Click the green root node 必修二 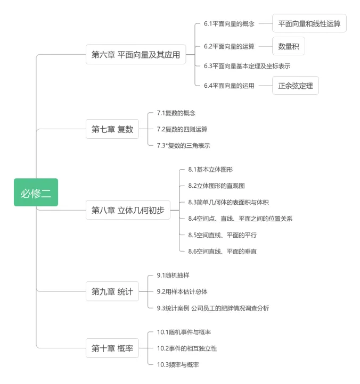36,193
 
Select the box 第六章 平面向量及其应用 136,54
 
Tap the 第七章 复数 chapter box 112,129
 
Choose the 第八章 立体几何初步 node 128,210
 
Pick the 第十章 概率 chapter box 112,348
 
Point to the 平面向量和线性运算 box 309,24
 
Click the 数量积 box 289,46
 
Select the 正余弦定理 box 296,85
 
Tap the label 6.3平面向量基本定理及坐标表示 247,65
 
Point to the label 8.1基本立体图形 210,169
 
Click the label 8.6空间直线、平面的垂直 223,251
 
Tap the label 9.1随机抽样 173,275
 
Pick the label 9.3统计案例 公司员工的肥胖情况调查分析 212,307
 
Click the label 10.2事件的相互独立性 187,348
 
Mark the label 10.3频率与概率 178,364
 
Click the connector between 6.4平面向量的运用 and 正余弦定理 265,85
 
